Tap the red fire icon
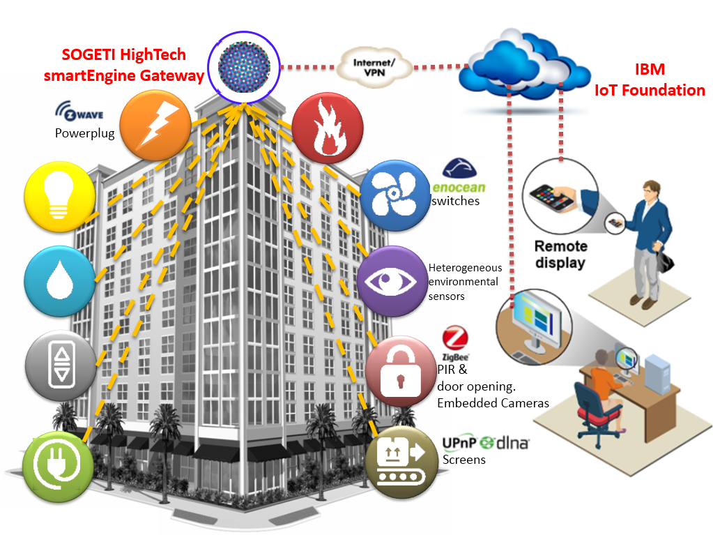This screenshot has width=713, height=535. (x=326, y=126)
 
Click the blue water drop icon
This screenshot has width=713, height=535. (x=59, y=278)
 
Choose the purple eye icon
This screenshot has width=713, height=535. (x=391, y=280)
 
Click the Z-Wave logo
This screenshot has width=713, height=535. (x=79, y=112)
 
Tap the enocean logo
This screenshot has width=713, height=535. (x=459, y=177)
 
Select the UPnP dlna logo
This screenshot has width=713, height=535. (x=486, y=443)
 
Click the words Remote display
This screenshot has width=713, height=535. (x=560, y=255)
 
